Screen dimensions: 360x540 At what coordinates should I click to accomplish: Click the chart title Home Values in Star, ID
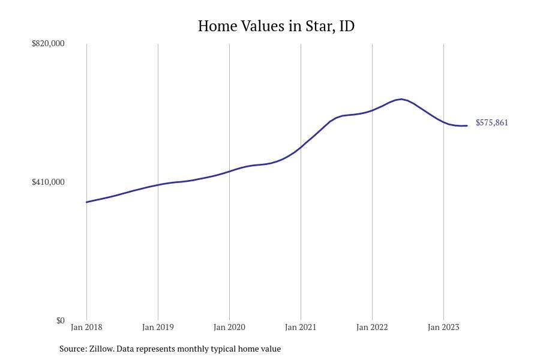tap(276, 26)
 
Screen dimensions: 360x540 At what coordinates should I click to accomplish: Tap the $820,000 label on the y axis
tap(48, 43)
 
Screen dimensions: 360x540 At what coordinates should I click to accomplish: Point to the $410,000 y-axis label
tap(48, 182)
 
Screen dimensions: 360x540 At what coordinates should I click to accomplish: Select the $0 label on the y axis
tap(60, 320)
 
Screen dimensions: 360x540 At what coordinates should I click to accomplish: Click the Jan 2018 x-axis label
tap(86, 327)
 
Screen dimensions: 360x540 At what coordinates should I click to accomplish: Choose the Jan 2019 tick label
tap(158, 327)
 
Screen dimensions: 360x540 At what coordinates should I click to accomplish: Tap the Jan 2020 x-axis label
tap(229, 327)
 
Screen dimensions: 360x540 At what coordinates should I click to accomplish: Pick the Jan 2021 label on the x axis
tap(301, 327)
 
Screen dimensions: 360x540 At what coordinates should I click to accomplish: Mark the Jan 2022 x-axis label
tap(372, 327)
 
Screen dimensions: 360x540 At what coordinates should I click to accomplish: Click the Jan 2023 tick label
tap(443, 327)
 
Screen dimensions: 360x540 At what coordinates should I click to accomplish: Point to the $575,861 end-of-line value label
tap(492, 122)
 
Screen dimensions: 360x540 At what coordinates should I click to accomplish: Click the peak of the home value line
tap(401, 99)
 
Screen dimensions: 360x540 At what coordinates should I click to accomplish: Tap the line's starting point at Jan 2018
tap(86, 202)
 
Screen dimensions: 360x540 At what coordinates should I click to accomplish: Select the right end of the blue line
tap(467, 125)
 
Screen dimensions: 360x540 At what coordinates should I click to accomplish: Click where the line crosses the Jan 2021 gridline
tap(301, 146)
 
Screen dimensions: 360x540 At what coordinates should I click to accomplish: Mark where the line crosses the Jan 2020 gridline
tap(229, 171)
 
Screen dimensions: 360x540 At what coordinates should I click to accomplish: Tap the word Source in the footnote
tap(73, 349)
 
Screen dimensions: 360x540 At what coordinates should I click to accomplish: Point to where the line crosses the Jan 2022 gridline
tap(372, 110)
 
